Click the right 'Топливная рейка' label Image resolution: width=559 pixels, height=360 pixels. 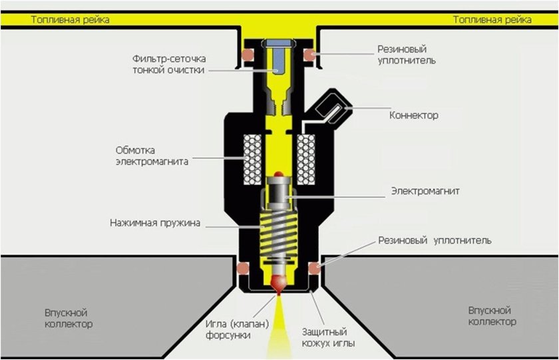coord(492,20)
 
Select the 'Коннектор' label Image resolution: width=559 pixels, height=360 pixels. coord(414,116)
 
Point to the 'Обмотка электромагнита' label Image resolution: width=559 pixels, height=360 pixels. coord(152,155)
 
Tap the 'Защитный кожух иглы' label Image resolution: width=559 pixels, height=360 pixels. coord(329,337)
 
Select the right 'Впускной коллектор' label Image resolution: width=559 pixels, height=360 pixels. coord(492,316)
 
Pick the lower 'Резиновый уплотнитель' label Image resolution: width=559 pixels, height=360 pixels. coord(435,240)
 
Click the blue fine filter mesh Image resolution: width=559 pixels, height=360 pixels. coord(278,61)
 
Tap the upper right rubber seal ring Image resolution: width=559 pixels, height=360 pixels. coord(310,53)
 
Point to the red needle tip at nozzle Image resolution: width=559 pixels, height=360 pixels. coord(278,285)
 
